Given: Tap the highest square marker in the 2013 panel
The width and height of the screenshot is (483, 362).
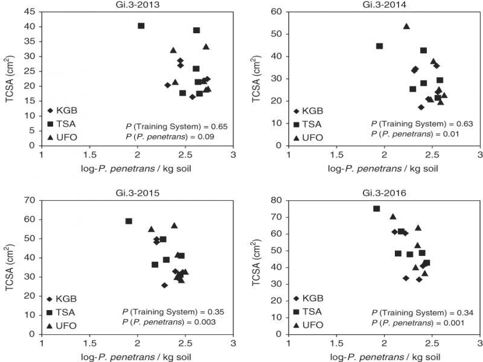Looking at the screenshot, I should tap(141, 26).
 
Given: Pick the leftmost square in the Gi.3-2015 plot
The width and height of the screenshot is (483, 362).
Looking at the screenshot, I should tap(129, 221).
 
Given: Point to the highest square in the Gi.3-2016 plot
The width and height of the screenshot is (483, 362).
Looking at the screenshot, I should tap(376, 209).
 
